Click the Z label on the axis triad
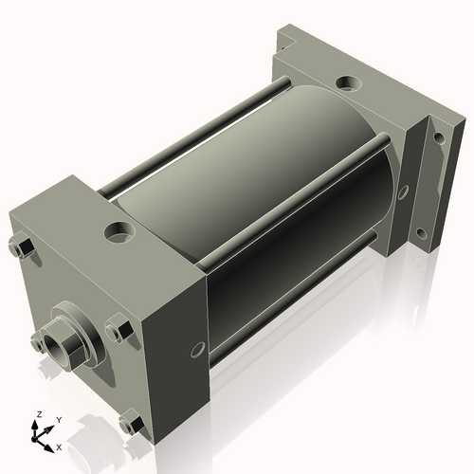[x=37, y=414]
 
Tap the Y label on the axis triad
[x=58, y=418]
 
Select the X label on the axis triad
[x=59, y=446]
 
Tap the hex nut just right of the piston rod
[x=118, y=331]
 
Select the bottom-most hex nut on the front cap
[x=132, y=424]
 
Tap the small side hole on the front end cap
[x=197, y=347]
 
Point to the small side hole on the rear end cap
[x=403, y=191]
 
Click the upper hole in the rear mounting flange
[x=439, y=138]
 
